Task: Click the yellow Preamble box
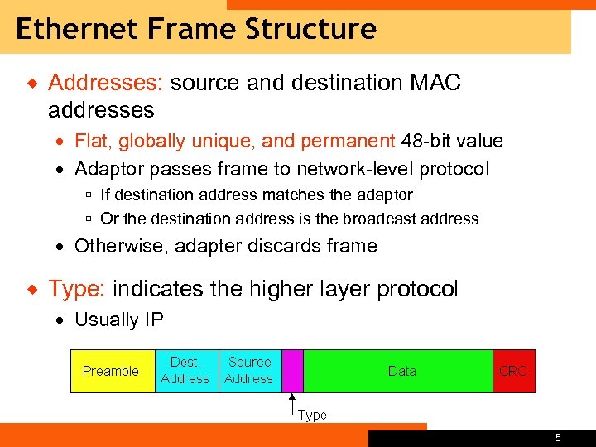pos(111,371)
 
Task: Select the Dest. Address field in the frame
pos(185,370)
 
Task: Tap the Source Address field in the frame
pos(249,370)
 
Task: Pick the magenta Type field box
pos(293,370)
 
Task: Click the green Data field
pos(402,371)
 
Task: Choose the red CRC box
pos(512,371)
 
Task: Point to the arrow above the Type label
pos(291,402)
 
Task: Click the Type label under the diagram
pos(312,416)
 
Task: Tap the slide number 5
pos(558,438)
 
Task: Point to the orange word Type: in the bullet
pos(77,289)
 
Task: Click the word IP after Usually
pos(153,320)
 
